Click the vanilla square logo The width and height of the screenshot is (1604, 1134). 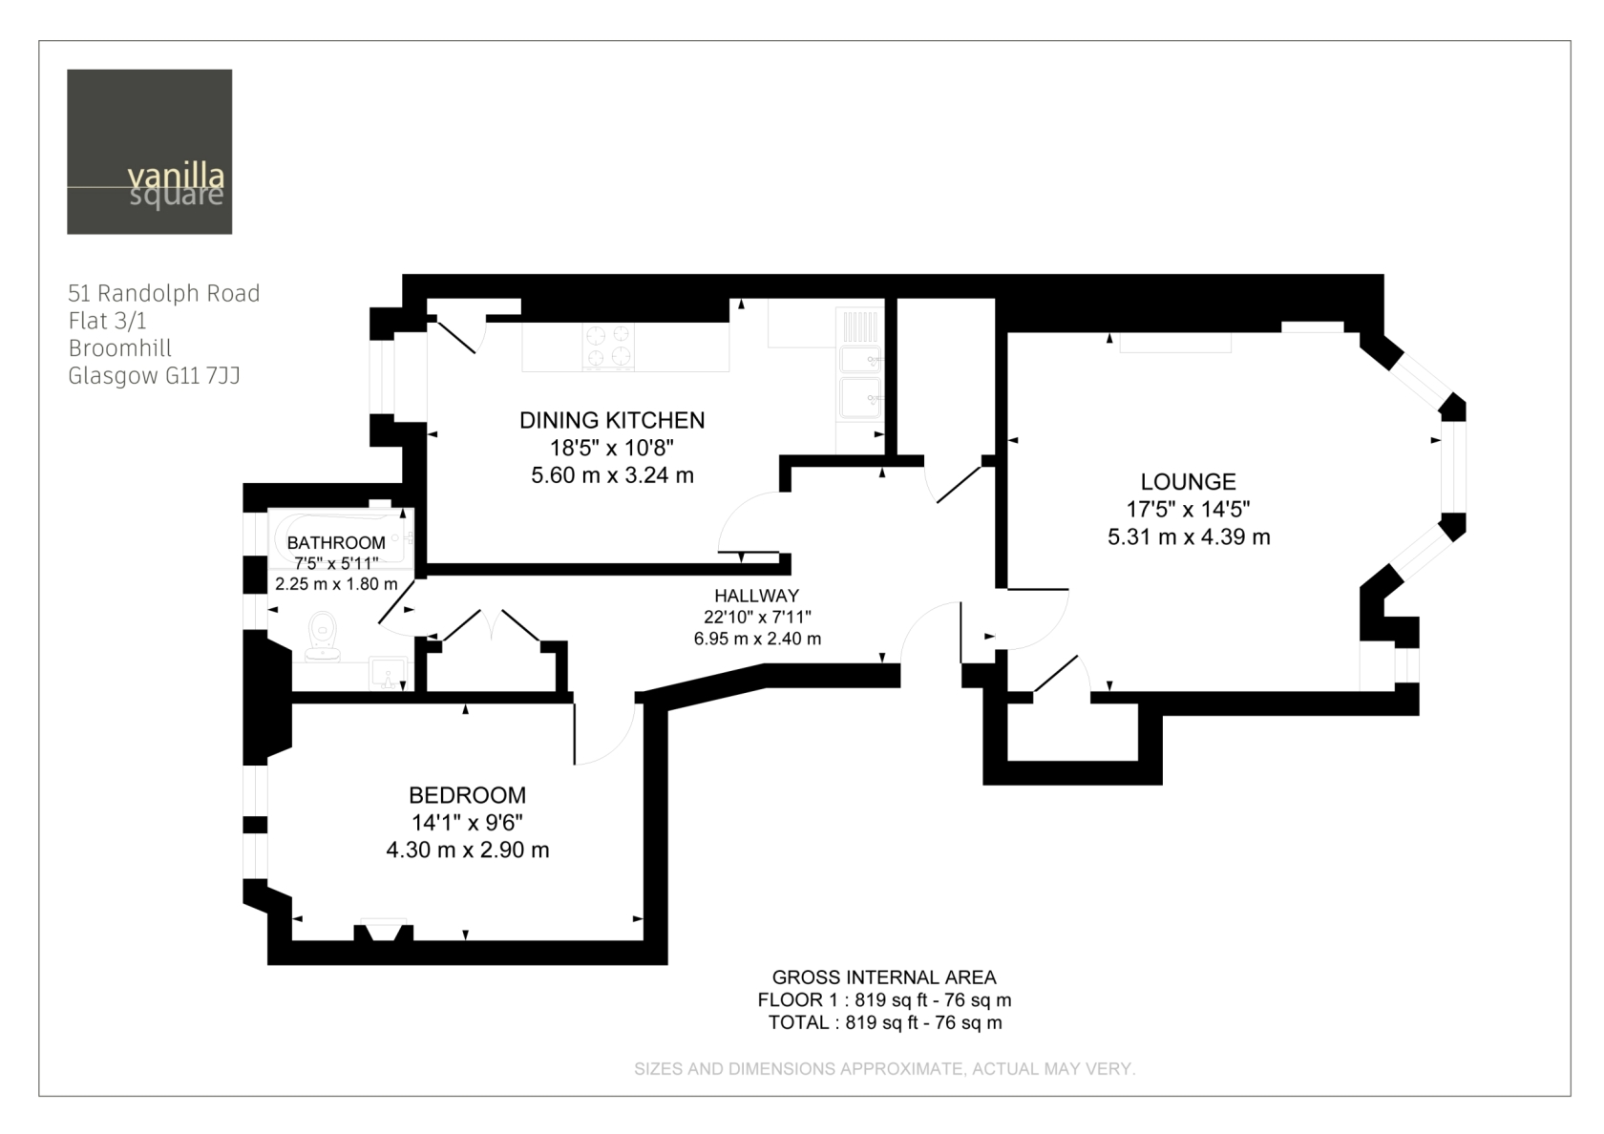pyautogui.click(x=150, y=152)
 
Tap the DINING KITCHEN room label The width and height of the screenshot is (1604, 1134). pyautogui.click(x=612, y=420)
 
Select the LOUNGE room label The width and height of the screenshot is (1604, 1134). pyautogui.click(x=1189, y=482)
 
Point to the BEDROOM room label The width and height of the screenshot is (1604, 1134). pyautogui.click(x=468, y=795)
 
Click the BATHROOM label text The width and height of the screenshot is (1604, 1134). pyautogui.click(x=336, y=542)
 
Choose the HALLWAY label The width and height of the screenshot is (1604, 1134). pyautogui.click(x=757, y=596)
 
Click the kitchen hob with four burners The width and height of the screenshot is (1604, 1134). pyautogui.click(x=608, y=346)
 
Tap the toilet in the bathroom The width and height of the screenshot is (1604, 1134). pyautogui.click(x=323, y=636)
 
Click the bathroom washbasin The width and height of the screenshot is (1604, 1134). pyautogui.click(x=388, y=674)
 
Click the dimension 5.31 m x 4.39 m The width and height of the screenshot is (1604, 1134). pyautogui.click(x=1189, y=536)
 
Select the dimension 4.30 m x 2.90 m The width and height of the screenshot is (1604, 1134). pyautogui.click(x=468, y=850)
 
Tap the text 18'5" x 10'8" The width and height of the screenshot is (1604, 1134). pyautogui.click(x=612, y=449)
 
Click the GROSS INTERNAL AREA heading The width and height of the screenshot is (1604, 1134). pyautogui.click(x=884, y=977)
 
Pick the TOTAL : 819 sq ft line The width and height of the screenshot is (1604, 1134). pyautogui.click(x=885, y=1022)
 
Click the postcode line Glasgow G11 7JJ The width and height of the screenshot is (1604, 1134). pyautogui.click(x=154, y=376)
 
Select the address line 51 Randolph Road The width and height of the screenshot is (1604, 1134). pyautogui.click(x=164, y=294)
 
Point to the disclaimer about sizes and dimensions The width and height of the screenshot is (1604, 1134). pyautogui.click(x=885, y=1069)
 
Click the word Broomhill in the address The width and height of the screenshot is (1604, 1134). pyautogui.click(x=119, y=347)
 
